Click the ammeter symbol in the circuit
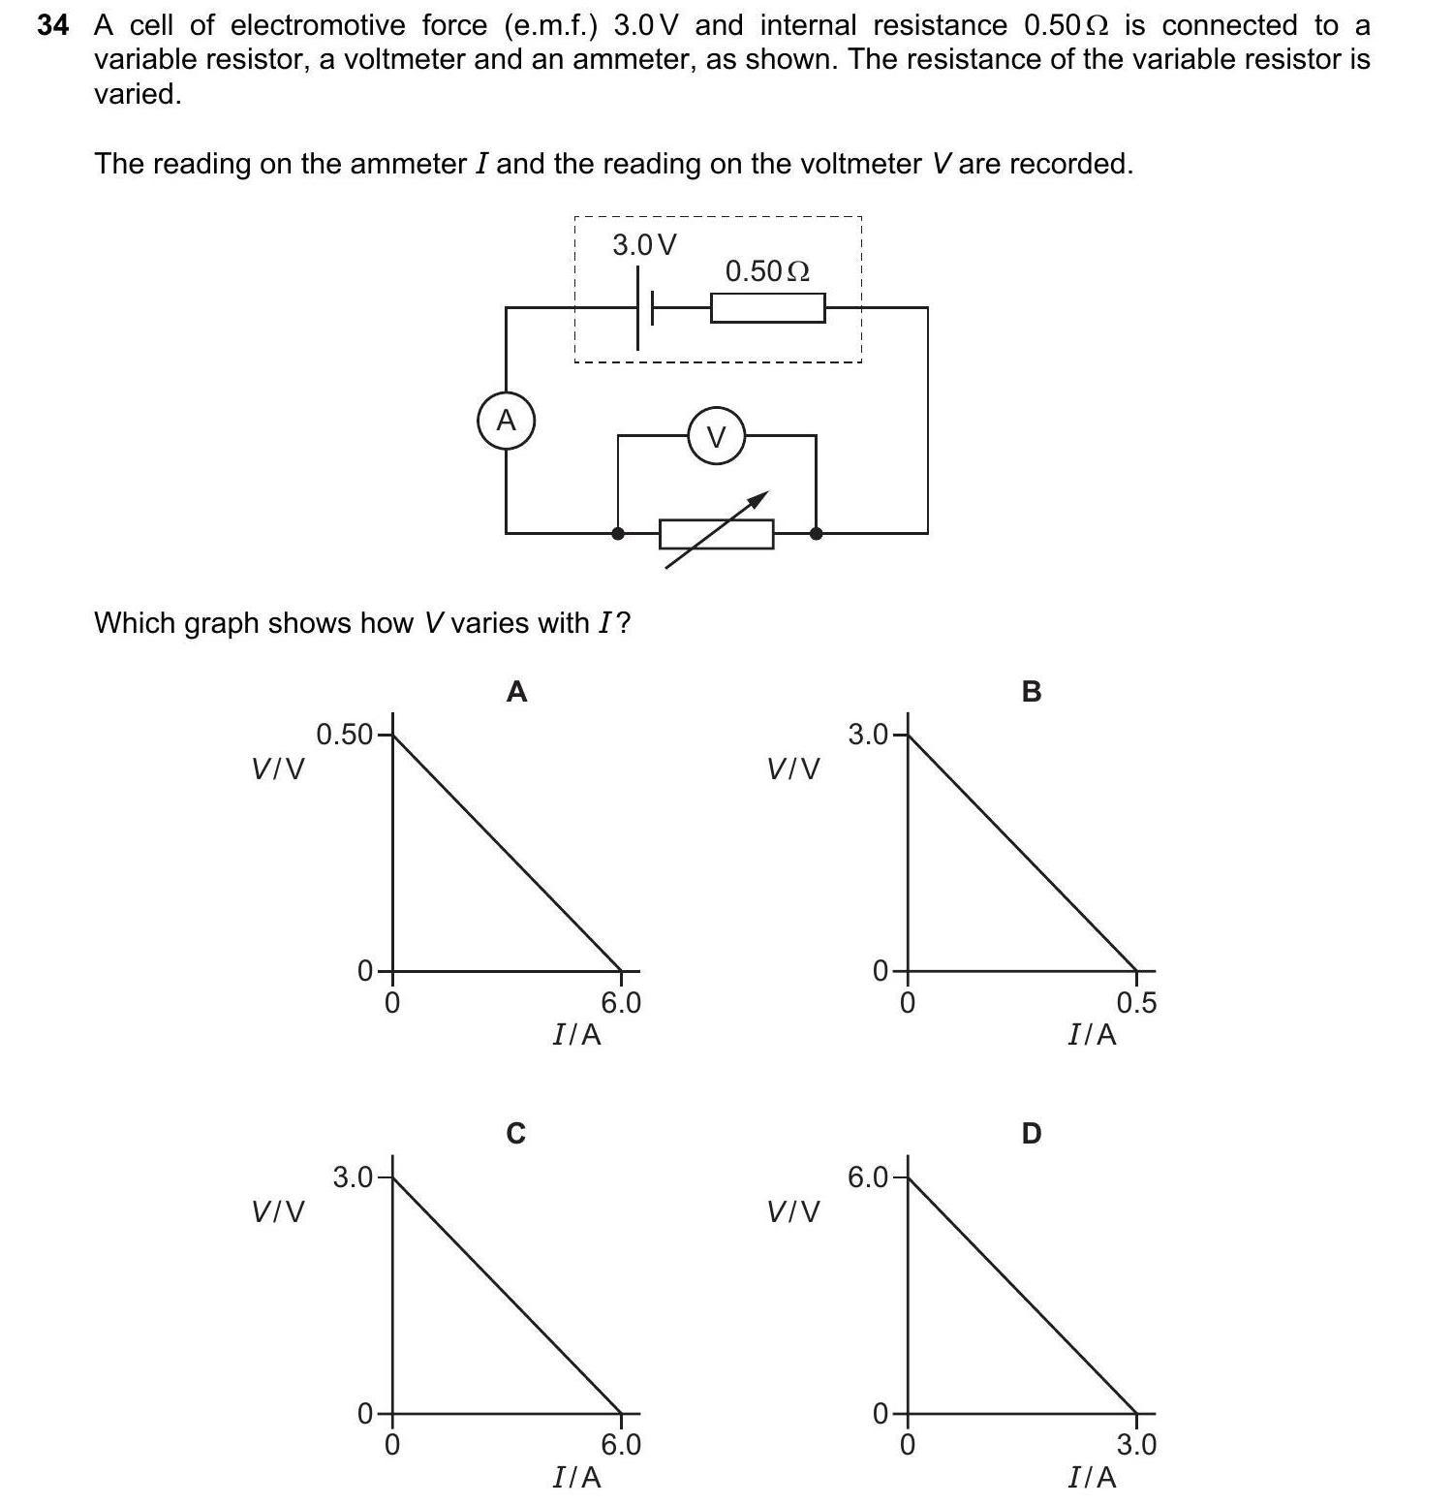506,421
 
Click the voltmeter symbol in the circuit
716,437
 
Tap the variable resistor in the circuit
716,533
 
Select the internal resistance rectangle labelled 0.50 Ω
767,308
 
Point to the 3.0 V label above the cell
644,245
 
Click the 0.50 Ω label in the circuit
767,271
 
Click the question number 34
53,25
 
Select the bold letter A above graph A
517,692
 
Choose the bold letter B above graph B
1032,692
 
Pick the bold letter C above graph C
516,1133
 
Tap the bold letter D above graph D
1032,1133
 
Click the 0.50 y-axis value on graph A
344,735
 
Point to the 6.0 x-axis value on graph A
621,1003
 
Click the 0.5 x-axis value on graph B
1136,1003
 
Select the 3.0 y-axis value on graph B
868,735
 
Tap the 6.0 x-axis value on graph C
621,1445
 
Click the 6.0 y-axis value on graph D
868,1177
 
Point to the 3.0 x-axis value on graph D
1136,1445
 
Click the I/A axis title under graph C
576,1477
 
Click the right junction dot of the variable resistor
816,533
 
